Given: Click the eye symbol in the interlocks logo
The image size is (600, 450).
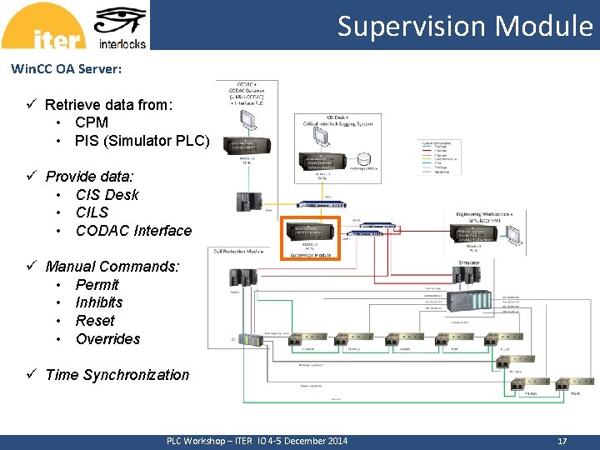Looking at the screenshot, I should (x=122, y=22).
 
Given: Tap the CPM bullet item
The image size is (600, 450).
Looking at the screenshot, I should (x=92, y=122).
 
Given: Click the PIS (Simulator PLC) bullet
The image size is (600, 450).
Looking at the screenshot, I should (x=142, y=141).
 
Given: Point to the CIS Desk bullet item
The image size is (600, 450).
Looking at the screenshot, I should (x=107, y=195).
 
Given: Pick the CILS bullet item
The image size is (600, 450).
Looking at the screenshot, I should (x=92, y=212).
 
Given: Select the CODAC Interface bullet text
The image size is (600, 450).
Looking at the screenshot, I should (x=133, y=231).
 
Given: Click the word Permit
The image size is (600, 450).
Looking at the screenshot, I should (x=97, y=284).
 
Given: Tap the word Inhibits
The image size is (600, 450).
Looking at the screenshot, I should (x=98, y=302).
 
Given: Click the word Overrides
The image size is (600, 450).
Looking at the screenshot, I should (x=107, y=339).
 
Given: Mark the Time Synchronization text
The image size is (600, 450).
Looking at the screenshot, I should (x=117, y=375).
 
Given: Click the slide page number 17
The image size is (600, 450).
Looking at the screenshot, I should (x=562, y=441).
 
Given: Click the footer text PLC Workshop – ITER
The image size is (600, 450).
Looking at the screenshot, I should (x=208, y=441).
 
